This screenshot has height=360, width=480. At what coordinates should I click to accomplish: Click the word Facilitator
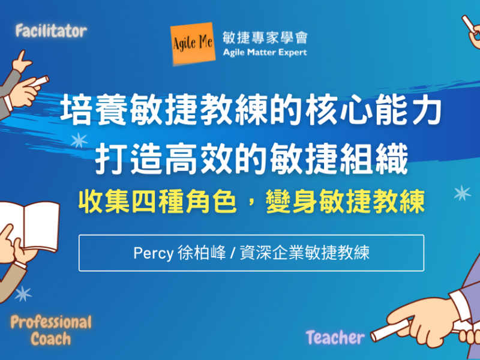tap(51, 31)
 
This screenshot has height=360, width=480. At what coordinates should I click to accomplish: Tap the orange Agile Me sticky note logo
tap(193, 43)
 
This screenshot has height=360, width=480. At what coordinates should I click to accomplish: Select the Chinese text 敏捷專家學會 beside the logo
tap(265, 38)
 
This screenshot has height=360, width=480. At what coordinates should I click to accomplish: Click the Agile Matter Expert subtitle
tap(265, 53)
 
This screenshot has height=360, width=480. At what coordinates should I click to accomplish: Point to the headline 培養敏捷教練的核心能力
tap(251, 109)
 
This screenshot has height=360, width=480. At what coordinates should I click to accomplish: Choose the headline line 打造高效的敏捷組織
tap(251, 158)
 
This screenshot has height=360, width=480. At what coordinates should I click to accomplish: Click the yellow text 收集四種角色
tap(158, 202)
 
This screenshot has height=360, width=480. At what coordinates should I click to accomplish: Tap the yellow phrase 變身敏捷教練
tap(346, 202)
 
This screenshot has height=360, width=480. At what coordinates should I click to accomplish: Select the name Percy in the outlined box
tap(154, 253)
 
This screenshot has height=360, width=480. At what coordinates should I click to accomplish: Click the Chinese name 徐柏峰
tap(202, 253)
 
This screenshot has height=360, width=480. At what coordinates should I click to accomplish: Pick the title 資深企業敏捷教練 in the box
tap(305, 253)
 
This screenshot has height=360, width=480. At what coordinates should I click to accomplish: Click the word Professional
tap(51, 322)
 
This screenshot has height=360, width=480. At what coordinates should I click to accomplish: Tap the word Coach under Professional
tap(51, 339)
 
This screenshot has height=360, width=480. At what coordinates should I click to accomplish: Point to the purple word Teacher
tap(335, 338)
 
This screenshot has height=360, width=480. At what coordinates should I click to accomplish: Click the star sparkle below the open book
tap(23, 294)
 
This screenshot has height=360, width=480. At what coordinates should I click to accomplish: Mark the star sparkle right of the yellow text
tap(462, 193)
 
